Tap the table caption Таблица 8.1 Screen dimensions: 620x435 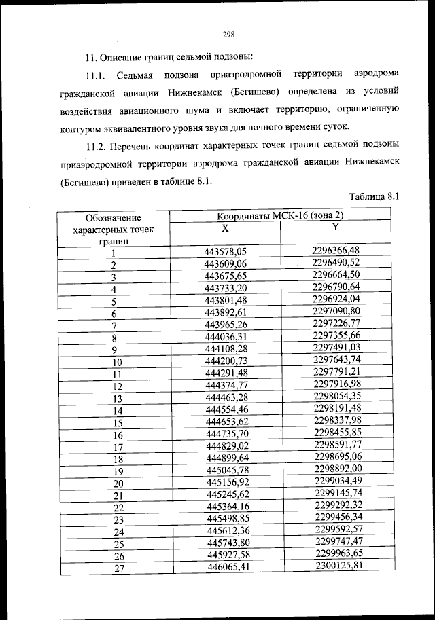pyautogui.click(x=372, y=197)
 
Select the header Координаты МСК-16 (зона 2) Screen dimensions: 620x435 pyautogui.click(x=280, y=216)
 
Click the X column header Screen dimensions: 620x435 pyautogui.click(x=226, y=229)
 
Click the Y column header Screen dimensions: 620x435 pyautogui.click(x=335, y=227)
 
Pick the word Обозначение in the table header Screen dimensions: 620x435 pyautogui.click(x=114, y=218)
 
